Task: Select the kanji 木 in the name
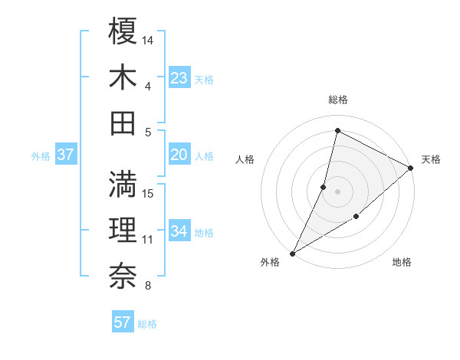click(123, 77)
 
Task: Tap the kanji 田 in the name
click(123, 123)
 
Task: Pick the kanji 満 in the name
click(123, 185)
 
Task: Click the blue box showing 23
click(179, 77)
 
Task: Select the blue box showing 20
click(179, 155)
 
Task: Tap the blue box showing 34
click(179, 231)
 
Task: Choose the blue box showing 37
click(65, 155)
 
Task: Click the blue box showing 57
click(122, 322)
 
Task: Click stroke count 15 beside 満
click(149, 193)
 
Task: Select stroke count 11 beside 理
click(149, 240)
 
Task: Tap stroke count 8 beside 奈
click(148, 286)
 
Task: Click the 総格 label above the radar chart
click(338, 100)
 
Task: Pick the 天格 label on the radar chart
click(431, 159)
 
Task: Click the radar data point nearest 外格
click(292, 253)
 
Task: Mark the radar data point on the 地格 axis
click(356, 218)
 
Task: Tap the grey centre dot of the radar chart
click(337, 191)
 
